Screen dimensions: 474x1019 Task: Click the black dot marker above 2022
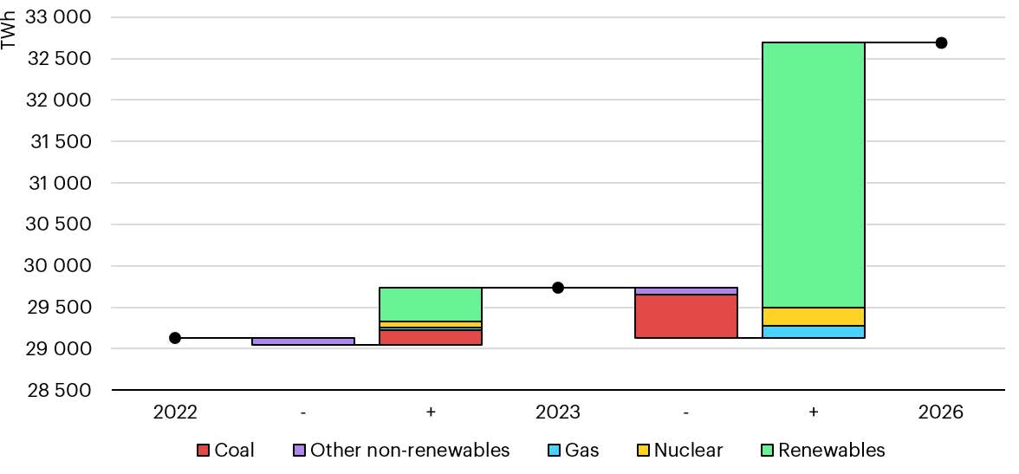(x=175, y=338)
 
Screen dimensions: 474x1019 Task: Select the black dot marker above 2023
(x=558, y=288)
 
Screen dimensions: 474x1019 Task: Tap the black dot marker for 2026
(x=941, y=42)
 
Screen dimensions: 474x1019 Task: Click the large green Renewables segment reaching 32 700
(x=813, y=174)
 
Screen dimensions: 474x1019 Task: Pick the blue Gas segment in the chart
(x=813, y=332)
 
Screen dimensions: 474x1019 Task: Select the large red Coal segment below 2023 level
(x=685, y=316)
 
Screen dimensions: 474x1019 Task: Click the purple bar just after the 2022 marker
(x=302, y=341)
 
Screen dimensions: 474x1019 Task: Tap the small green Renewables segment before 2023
(x=431, y=304)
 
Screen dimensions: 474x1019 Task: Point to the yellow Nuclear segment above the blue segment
(x=813, y=316)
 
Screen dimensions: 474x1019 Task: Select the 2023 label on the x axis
(x=558, y=412)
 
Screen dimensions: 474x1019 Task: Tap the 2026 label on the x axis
(x=941, y=412)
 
